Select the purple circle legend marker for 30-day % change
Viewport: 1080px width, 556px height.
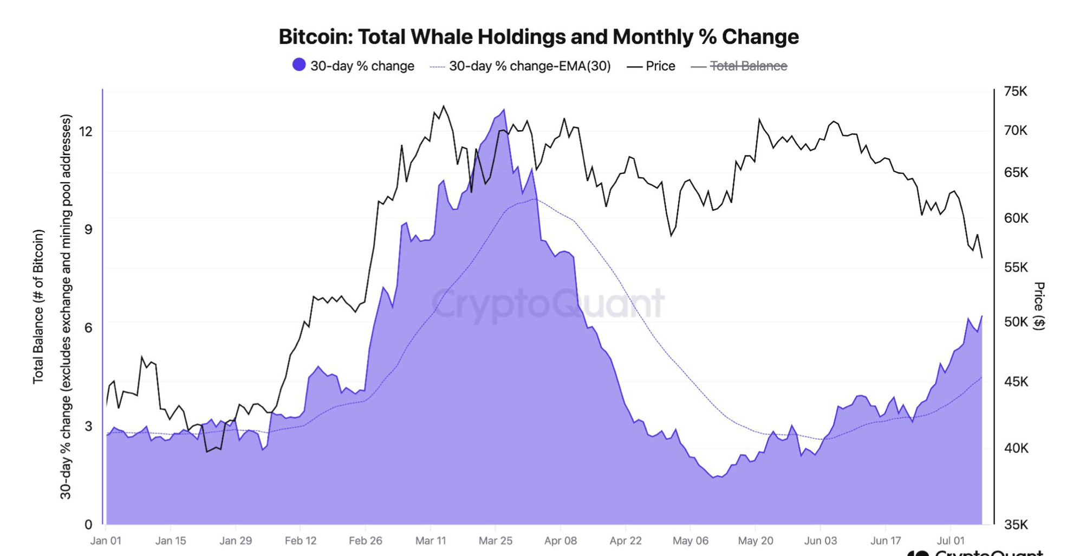298,65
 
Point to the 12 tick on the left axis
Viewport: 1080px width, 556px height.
86,131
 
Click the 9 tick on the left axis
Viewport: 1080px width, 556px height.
88,229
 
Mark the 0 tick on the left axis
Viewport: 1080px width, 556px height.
88,525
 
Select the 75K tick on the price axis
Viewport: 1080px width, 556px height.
1015,91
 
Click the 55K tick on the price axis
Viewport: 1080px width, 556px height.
1015,267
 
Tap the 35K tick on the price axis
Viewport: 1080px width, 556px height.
1015,525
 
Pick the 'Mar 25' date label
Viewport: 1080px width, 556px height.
495,541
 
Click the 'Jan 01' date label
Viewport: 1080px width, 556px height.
106,541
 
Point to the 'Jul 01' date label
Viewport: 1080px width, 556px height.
951,541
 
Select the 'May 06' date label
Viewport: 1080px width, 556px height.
690,541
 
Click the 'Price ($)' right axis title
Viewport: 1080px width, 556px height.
1039,306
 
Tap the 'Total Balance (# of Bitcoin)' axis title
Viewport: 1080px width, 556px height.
38,307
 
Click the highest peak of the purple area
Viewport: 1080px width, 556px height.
504,110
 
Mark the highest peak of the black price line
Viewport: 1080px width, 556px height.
444,106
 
